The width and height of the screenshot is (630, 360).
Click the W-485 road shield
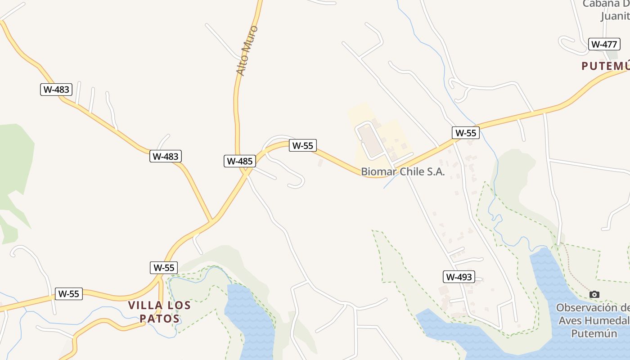[240, 161]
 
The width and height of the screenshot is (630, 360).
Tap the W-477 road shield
[604, 44]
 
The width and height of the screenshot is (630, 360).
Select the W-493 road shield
[459, 277]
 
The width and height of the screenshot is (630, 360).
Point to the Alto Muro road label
[247, 50]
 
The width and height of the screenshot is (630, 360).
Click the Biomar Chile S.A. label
[403, 171]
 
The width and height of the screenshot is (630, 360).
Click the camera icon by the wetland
[594, 294]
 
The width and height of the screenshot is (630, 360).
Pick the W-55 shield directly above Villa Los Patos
[163, 267]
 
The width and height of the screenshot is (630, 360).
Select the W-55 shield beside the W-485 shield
[302, 145]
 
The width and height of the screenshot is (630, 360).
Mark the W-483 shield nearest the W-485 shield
[165, 157]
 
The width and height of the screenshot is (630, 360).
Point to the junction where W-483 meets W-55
[212, 221]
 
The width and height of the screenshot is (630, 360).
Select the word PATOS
[160, 319]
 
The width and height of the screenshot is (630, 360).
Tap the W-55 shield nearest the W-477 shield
[465, 133]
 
